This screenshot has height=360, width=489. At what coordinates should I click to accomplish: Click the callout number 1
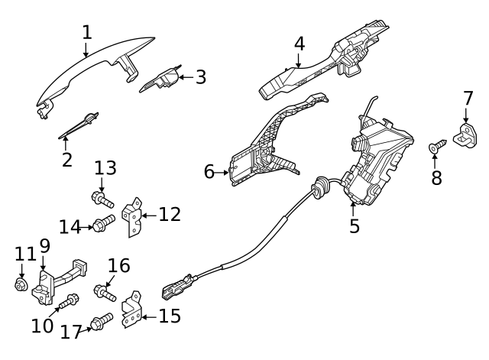coord(86,32)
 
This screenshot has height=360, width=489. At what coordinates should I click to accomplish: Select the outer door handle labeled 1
coord(84,76)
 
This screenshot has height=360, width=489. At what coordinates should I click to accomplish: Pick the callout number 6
coord(209,172)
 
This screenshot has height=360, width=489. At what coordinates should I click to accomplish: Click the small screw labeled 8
coord(437,145)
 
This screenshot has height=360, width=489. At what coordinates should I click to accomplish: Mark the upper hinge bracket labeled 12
coord(134,216)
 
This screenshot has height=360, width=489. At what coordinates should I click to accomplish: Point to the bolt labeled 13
coord(104,200)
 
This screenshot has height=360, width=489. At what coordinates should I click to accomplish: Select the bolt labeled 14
coord(104,224)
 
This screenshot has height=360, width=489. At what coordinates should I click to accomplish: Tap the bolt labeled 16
coord(104,291)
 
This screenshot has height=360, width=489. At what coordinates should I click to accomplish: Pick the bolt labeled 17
coord(102,323)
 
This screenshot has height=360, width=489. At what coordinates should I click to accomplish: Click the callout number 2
coord(67,160)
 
